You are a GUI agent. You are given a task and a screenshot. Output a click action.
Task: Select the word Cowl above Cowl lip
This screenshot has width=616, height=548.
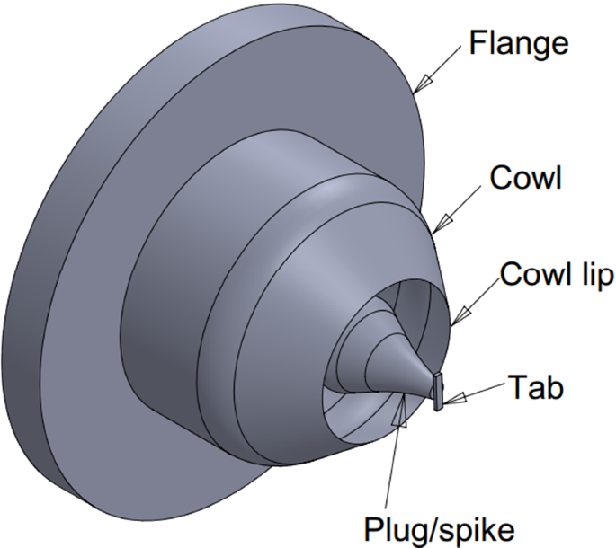tap(525, 179)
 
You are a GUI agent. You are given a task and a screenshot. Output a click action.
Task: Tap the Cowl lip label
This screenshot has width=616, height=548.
tap(557, 276)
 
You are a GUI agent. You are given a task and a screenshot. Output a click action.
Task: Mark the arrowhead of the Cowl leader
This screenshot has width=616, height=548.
tap(438, 228)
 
